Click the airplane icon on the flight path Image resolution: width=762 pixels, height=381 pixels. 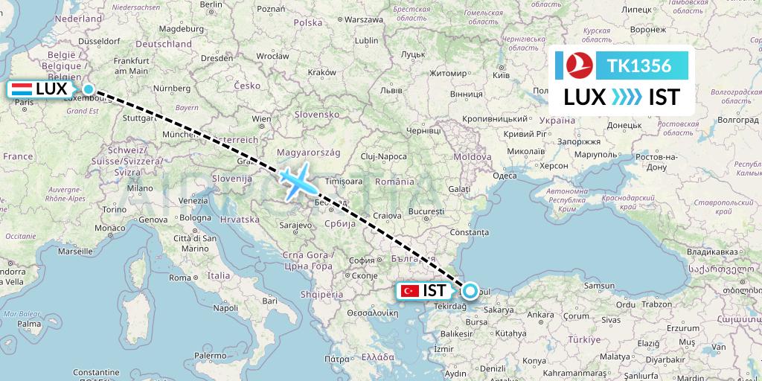pos(298,181)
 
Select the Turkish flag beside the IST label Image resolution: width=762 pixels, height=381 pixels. pos(409,291)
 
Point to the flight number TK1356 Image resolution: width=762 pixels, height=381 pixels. pos(639,65)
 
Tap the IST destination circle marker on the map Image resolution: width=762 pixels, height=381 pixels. pos(470,291)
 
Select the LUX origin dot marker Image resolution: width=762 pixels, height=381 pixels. pos(89,89)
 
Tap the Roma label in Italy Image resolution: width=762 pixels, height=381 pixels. pos(180,277)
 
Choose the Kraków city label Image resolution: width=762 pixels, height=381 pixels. pos(322,72)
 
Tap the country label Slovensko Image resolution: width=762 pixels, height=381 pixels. pos(316,114)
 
